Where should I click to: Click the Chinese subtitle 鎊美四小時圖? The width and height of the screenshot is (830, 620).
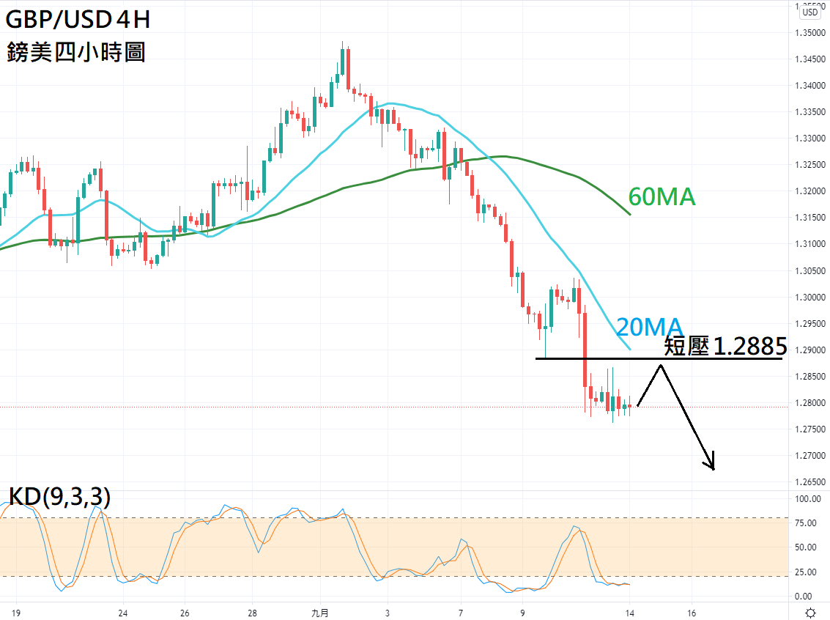[x=76, y=52]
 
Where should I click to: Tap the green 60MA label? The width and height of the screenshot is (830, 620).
[x=662, y=196]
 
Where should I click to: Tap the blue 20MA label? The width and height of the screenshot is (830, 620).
[x=649, y=327]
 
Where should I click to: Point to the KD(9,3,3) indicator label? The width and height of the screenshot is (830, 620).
[x=59, y=498]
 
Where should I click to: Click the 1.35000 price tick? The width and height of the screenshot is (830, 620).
[x=809, y=33]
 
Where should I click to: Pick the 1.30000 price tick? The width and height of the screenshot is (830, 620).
[x=809, y=297]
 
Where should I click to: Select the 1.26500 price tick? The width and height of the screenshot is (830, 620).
[x=809, y=482]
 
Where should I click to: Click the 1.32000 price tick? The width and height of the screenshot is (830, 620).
[x=809, y=191]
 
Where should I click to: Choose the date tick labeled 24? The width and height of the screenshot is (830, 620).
[x=123, y=613]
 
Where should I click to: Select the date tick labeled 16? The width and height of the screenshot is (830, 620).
[x=692, y=613]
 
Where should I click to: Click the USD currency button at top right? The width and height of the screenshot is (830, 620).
[x=809, y=11]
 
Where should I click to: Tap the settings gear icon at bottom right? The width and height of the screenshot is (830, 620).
[x=810, y=613]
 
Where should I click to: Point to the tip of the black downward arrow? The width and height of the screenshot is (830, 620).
[x=713, y=468]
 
